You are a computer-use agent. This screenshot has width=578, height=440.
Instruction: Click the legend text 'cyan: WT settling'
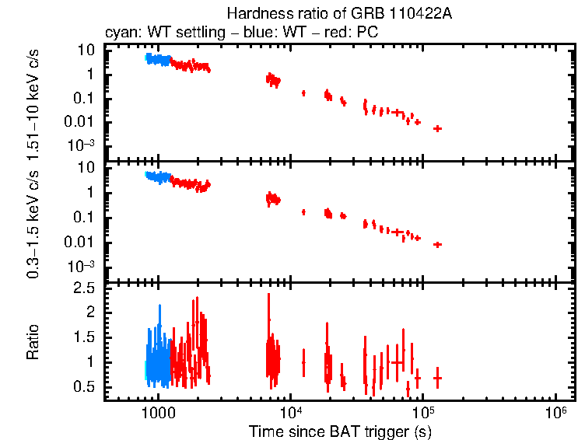152,33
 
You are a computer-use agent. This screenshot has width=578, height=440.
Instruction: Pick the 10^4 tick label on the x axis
291,411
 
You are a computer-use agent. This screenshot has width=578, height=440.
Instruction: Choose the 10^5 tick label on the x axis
423,411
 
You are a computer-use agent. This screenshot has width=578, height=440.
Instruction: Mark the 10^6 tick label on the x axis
555,411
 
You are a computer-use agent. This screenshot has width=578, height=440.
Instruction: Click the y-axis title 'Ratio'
33,342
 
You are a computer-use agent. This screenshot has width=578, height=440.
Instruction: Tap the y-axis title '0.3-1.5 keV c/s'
33,221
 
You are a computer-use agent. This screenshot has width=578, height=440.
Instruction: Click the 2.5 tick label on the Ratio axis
86,289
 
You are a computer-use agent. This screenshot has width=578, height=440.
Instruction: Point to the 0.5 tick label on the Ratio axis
86,386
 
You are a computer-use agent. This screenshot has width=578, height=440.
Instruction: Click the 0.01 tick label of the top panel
82,122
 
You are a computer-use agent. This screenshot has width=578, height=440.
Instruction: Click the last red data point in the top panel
438,128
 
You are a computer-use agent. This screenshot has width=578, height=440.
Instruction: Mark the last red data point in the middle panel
438,244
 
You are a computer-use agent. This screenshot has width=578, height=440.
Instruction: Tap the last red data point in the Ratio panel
438,378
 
